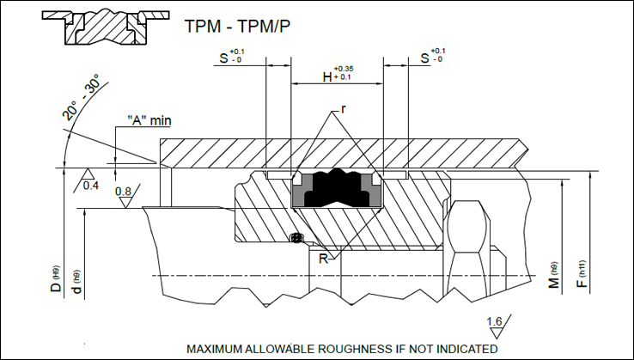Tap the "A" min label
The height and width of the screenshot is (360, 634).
click(149, 120)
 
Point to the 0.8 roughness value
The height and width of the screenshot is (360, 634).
click(124, 192)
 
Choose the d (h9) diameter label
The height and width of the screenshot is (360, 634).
click(78, 284)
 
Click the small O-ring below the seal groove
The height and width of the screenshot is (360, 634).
click(296, 238)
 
